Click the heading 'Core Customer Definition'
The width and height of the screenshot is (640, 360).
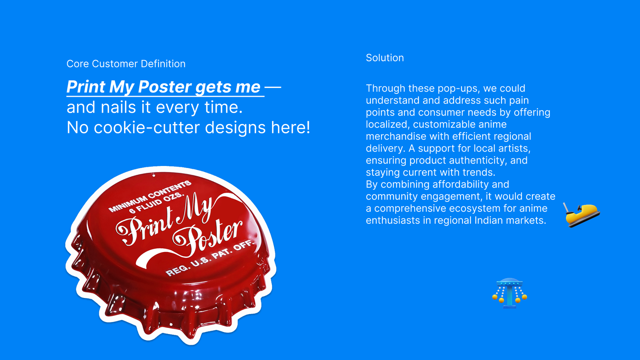pyautogui.click(x=126, y=64)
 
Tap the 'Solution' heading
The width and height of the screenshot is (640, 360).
pyautogui.click(x=385, y=58)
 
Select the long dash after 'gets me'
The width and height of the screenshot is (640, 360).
pyautogui.click(x=273, y=86)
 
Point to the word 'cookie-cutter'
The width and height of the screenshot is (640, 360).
pyautogui.click(x=146, y=127)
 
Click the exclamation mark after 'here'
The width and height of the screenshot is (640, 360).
pyautogui.click(x=308, y=127)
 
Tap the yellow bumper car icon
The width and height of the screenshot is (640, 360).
pyautogui.click(x=581, y=214)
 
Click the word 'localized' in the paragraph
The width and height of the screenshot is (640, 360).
pyautogui.click(x=388, y=124)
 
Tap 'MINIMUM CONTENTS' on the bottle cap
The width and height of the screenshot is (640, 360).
pyautogui.click(x=150, y=196)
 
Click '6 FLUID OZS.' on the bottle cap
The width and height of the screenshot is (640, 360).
pyautogui.click(x=156, y=203)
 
